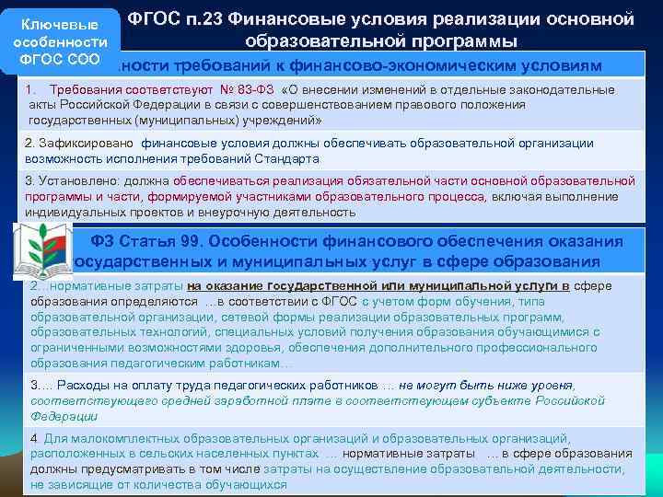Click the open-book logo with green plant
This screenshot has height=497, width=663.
(42, 250)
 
